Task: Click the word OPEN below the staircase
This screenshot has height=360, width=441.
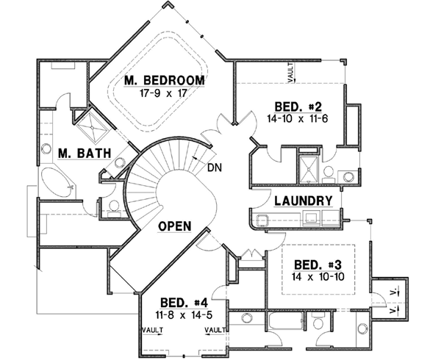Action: [176, 228]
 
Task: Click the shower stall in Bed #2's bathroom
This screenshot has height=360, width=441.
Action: [309, 168]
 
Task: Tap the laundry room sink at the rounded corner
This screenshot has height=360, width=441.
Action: [263, 218]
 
